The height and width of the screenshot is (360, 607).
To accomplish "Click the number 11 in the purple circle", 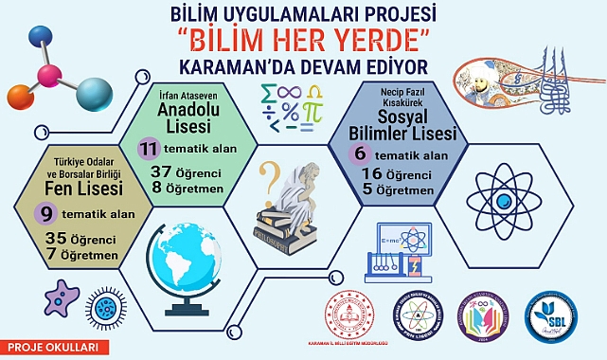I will click(x=148, y=150).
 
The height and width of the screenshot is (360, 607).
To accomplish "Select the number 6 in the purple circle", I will click(x=359, y=153).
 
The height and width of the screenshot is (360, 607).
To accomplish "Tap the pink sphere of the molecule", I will click(x=49, y=77).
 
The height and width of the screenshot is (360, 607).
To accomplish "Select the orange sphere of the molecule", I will click(x=18, y=96).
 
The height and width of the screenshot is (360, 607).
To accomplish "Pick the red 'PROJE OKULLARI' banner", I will click(x=42, y=347).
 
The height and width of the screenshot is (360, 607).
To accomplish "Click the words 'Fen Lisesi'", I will click(x=76, y=190).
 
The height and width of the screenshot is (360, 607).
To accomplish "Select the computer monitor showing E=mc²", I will click(x=405, y=243).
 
